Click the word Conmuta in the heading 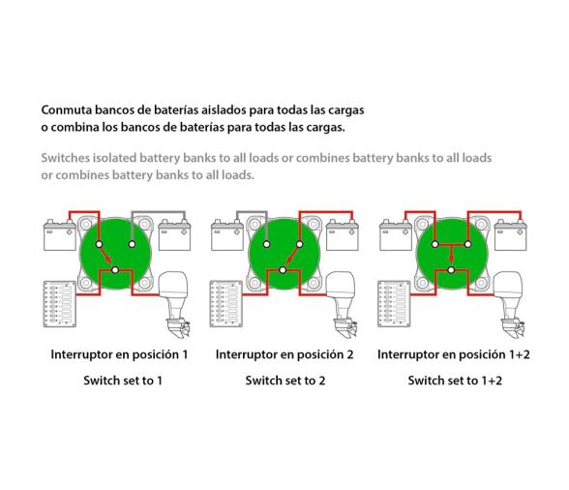[x=67, y=109]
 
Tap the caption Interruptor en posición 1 [x=119, y=354]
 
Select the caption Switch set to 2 [x=285, y=381]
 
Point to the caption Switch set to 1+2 [x=455, y=381]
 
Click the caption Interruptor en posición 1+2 [x=454, y=354]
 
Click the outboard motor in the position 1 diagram [x=176, y=304]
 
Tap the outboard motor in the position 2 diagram [x=342, y=304]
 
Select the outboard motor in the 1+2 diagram [x=510, y=304]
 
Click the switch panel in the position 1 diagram [x=60, y=304]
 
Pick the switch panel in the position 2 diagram [x=226, y=304]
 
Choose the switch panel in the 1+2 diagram [x=395, y=304]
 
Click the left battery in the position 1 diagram [x=60, y=234]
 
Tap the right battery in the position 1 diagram [x=174, y=234]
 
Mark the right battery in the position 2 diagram [x=343, y=234]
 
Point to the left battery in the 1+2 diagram [x=396, y=234]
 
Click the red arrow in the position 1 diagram [x=106, y=256]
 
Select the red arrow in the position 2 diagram [x=291, y=256]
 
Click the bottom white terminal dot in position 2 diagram [x=283, y=270]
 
